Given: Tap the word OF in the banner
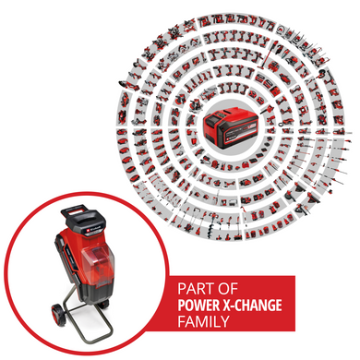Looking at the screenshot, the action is [x=227, y=289].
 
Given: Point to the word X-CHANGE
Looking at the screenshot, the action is [x=252, y=306].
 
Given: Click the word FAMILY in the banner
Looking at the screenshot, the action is [x=203, y=321].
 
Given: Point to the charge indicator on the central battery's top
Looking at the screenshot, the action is [x=217, y=115].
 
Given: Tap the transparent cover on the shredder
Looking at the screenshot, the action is [x=97, y=261].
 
